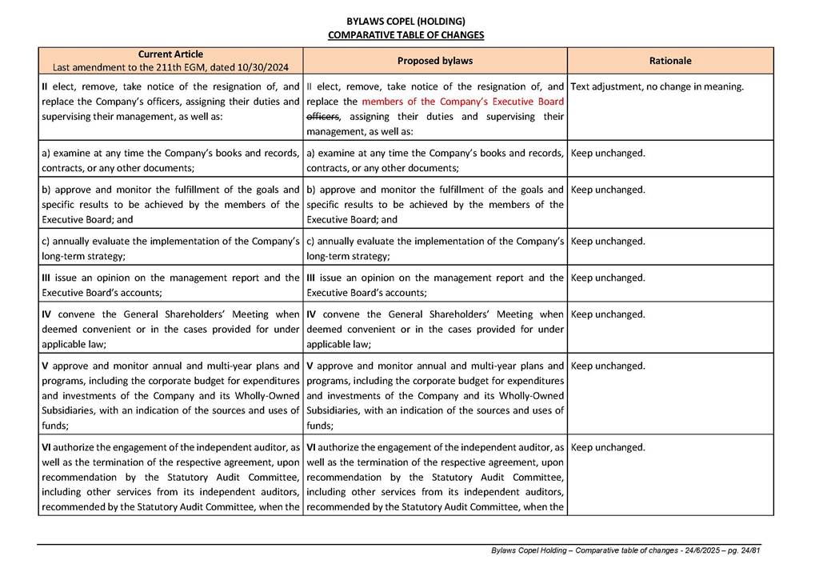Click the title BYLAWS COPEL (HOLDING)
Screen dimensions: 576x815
coord(406,21)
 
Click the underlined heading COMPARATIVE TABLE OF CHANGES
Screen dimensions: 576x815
coord(406,35)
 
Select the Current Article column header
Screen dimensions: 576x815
coord(170,54)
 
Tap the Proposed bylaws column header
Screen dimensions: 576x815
coord(435,61)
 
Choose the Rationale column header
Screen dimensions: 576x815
coord(670,61)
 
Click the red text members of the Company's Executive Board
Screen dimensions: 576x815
coord(462,102)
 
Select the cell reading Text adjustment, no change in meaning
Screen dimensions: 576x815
coord(657,86)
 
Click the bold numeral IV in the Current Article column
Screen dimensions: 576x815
coord(46,314)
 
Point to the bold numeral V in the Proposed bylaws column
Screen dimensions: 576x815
coord(310,366)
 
